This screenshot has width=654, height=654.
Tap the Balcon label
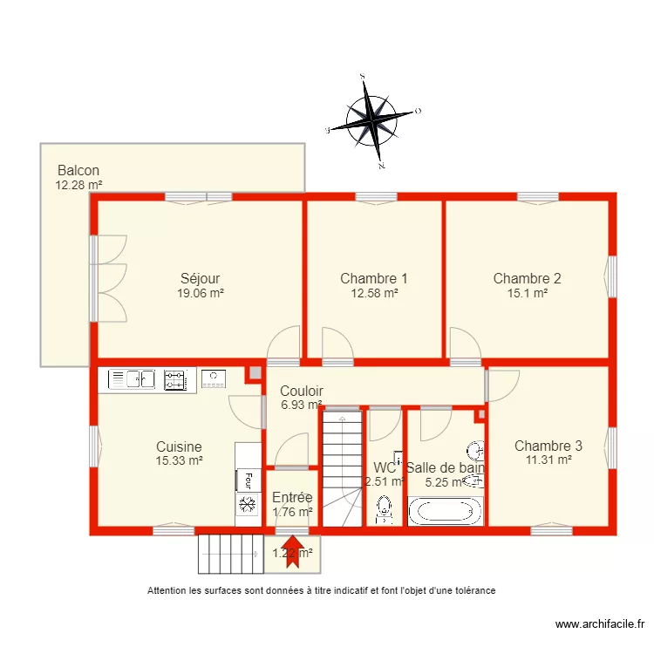click(x=78, y=171)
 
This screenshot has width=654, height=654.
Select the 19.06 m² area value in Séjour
click(x=201, y=294)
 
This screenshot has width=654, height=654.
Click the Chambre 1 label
click(x=374, y=279)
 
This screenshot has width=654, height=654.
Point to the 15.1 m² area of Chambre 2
click(x=527, y=294)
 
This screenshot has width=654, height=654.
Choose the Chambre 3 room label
click(x=548, y=445)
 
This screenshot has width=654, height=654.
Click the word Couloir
click(x=302, y=392)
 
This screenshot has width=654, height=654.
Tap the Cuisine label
click(x=179, y=446)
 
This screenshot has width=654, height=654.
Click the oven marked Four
click(x=248, y=480)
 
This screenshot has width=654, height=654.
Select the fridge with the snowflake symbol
click(x=248, y=505)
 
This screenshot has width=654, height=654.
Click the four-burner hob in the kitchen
click(x=175, y=378)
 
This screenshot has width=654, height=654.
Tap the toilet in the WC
click(x=384, y=510)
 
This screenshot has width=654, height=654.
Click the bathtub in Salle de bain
click(x=445, y=511)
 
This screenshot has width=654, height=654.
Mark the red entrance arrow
click(x=292, y=552)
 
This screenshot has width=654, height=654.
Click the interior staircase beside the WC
click(x=341, y=469)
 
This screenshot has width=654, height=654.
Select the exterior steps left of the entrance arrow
click(x=230, y=553)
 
